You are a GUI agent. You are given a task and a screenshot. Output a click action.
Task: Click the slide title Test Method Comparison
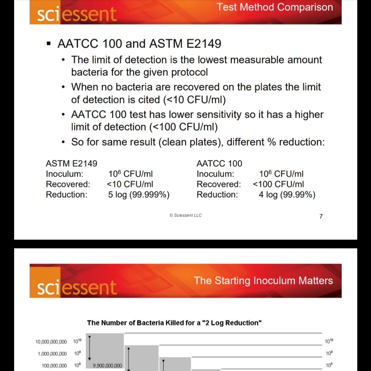tap(275, 7)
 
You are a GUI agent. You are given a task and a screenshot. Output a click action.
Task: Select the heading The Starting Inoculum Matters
tap(263, 280)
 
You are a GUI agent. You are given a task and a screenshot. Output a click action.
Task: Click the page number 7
tap(321, 216)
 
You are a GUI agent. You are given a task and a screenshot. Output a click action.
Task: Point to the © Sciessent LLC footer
tap(185, 215)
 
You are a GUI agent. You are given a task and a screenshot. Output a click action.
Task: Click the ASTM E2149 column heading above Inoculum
tap(71, 163)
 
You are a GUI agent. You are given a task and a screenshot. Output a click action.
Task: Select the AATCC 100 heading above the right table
tap(219, 163)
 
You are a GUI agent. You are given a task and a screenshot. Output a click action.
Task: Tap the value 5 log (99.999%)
tap(139, 195)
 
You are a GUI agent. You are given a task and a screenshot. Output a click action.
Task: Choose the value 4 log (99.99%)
tap(287, 195)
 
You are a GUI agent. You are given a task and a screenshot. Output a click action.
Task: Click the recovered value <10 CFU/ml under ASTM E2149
tap(130, 184)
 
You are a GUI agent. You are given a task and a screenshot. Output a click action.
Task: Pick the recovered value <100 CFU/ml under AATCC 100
tap(278, 184)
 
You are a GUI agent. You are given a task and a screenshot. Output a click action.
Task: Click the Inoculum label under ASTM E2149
tap(65, 174)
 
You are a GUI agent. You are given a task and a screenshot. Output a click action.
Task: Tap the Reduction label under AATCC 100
tap(217, 195)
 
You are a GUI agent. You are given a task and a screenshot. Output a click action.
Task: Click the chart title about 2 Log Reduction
tap(175, 323)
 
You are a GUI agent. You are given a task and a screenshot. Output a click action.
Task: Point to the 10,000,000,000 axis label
tap(51, 341)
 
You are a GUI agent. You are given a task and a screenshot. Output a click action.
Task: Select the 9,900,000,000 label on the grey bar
tap(107, 366)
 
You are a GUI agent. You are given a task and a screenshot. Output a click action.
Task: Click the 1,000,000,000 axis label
tap(52, 354)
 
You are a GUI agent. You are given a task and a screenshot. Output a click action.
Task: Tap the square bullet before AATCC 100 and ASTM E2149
tap(48, 44)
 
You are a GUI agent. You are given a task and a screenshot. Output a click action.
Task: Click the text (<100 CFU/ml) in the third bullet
tap(183, 127)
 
